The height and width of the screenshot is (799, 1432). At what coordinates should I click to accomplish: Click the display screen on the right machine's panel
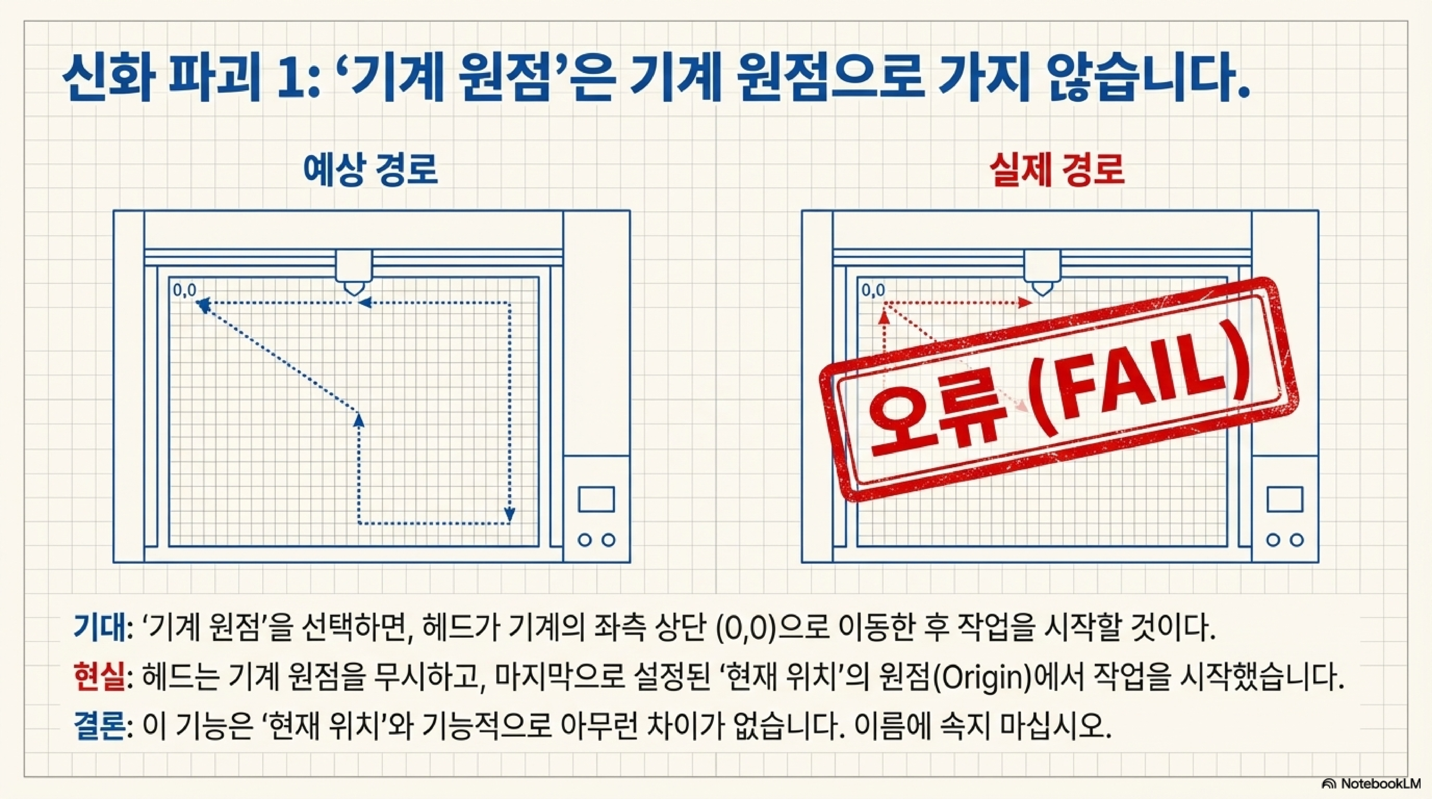pos(1285,499)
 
